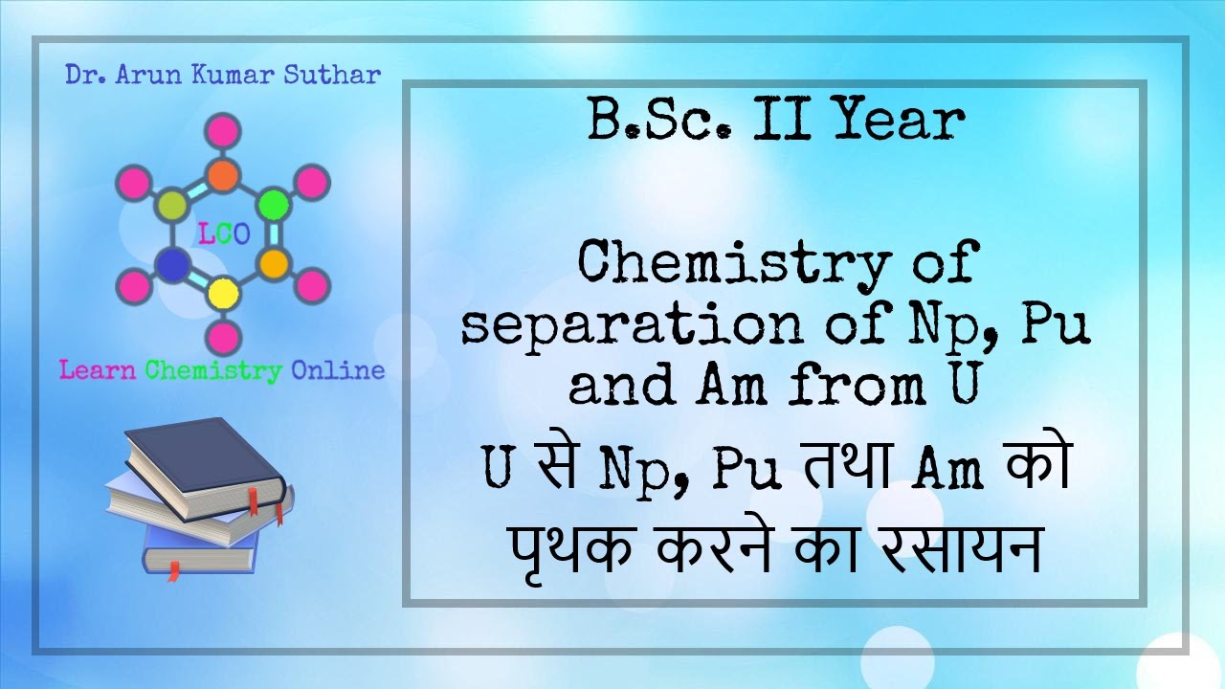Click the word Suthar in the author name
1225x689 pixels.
pos(335,76)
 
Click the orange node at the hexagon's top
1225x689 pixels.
pos(223,176)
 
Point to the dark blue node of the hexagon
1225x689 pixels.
pos(171,263)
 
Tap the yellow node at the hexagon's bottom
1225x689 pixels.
pos(223,292)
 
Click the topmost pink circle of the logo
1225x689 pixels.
pos(223,130)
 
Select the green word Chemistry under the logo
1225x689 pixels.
pos(213,370)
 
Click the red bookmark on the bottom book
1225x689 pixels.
pos(173,571)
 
